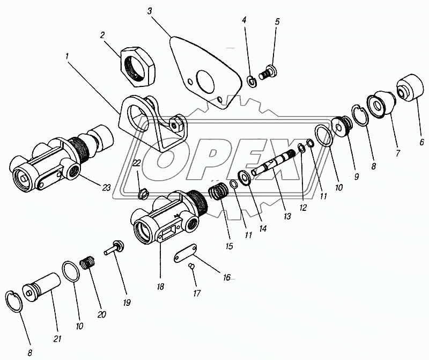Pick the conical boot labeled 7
point(381,102)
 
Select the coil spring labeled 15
point(219,192)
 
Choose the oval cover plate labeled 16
point(185,253)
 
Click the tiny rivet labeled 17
point(191,265)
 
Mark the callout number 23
point(106,188)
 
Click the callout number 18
point(160,286)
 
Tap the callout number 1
point(66,57)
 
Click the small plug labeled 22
point(143,194)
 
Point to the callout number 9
point(356,177)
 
